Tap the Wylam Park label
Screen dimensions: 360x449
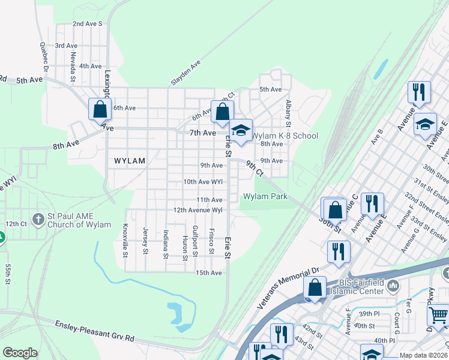click(x=265, y=197)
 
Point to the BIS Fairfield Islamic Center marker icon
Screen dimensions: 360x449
click(x=393, y=284)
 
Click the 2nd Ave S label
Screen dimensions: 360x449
click(x=88, y=24)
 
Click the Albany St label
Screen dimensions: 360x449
click(x=288, y=114)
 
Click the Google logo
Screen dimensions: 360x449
click(x=20, y=353)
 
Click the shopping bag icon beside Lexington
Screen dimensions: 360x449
click(x=100, y=109)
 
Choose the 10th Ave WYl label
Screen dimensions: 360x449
click(x=203, y=181)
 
